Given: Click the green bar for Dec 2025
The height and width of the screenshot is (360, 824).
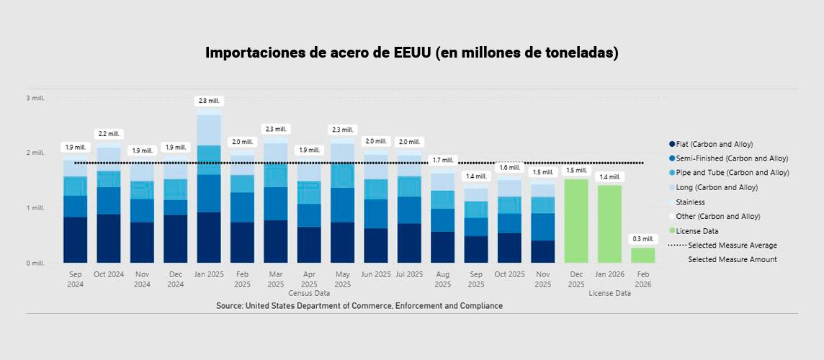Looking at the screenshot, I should [x=576, y=221].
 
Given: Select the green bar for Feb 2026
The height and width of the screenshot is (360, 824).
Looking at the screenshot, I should [x=642, y=256].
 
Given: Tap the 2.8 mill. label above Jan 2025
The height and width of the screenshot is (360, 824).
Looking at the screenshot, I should [x=209, y=101].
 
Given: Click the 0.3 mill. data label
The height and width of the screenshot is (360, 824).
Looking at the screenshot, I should [x=642, y=239].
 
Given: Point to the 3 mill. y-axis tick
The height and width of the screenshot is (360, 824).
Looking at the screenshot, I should [x=35, y=98].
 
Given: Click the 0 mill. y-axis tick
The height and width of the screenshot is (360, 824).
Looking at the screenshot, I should [x=35, y=264].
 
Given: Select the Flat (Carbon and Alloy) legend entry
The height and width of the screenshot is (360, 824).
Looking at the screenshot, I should [x=714, y=144].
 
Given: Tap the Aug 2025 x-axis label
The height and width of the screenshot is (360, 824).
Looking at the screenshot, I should [x=442, y=279].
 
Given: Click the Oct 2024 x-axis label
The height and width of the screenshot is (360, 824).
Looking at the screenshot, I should [x=109, y=274].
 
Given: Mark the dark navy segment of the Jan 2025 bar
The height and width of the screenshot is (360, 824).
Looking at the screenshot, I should [x=209, y=238].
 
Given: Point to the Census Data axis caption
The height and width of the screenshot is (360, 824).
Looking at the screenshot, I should [x=309, y=294].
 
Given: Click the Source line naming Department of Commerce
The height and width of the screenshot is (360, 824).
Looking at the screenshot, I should [x=359, y=306].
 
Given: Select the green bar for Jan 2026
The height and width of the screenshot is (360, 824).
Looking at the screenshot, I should [x=609, y=224].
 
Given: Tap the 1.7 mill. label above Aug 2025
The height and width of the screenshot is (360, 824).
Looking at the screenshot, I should [x=442, y=160].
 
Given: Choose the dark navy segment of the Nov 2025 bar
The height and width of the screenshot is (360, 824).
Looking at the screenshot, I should [x=542, y=252].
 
